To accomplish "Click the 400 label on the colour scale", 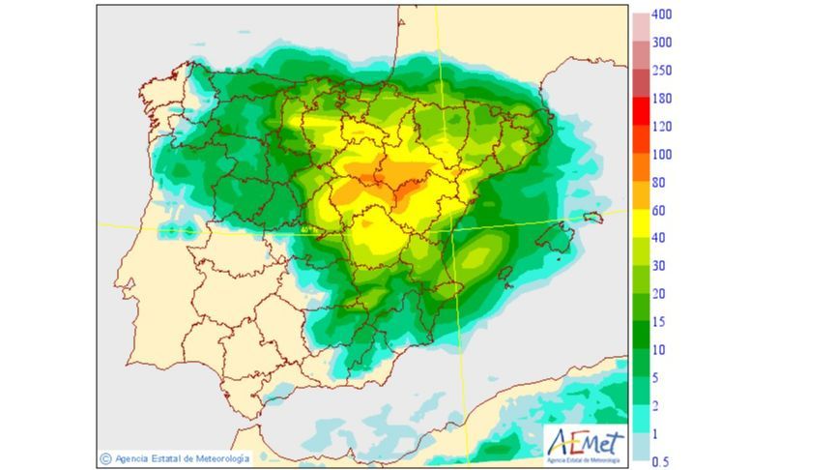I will pos(661,15).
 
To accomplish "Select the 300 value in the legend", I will pos(661,43).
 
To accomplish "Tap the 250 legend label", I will pos(661,71).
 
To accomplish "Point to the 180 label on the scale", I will pos(661,99).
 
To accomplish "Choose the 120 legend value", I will pos(661,127).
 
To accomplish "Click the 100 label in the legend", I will pos(661,155).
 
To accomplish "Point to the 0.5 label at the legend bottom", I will pos(660,462).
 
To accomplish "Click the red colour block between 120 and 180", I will pos(641,112).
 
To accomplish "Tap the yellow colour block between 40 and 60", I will pos(641,224).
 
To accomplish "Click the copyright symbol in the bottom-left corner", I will pos(104,458).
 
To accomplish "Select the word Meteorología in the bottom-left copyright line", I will pos(219,458).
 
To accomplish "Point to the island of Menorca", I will pos(592,219).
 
